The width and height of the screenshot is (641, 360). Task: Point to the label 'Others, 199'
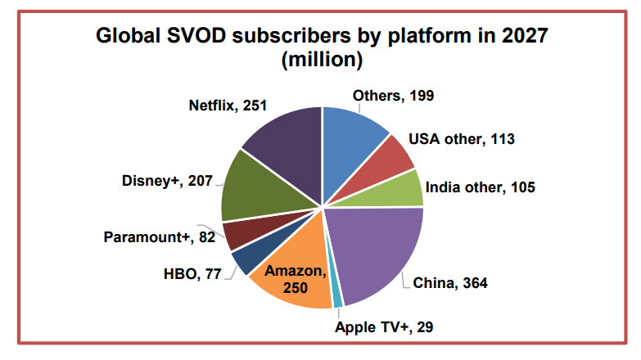(x=393, y=96)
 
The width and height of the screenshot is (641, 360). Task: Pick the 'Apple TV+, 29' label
(x=384, y=326)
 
